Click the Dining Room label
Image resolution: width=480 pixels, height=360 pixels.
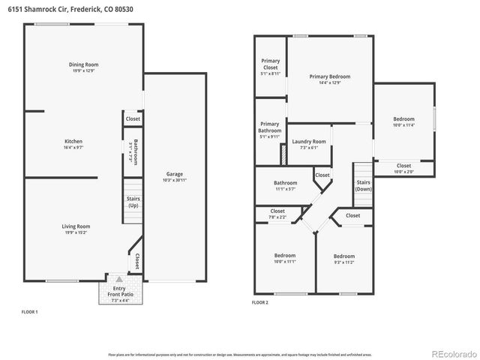84,64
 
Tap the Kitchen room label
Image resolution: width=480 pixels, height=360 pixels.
73,141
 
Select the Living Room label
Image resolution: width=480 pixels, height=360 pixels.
76,226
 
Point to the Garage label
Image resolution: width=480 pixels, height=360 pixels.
175,174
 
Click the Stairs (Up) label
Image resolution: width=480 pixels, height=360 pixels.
133,202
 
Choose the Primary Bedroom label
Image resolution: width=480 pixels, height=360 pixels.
330,76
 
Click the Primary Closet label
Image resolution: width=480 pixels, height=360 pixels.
270,64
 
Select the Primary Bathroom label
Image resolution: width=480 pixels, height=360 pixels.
269,127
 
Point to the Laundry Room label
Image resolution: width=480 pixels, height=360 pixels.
309,141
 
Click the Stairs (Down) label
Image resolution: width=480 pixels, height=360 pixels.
364,185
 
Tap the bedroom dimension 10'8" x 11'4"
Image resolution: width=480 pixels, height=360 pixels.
403,126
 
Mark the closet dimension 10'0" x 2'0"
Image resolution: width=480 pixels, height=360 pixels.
403,172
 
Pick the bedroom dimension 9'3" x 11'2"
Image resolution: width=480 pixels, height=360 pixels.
344,262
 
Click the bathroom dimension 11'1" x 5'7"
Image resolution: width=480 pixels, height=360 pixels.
285,189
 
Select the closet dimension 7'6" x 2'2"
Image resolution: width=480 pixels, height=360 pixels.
277,217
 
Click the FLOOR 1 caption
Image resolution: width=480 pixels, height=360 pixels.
28,310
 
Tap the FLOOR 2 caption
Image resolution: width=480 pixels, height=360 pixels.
259,302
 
